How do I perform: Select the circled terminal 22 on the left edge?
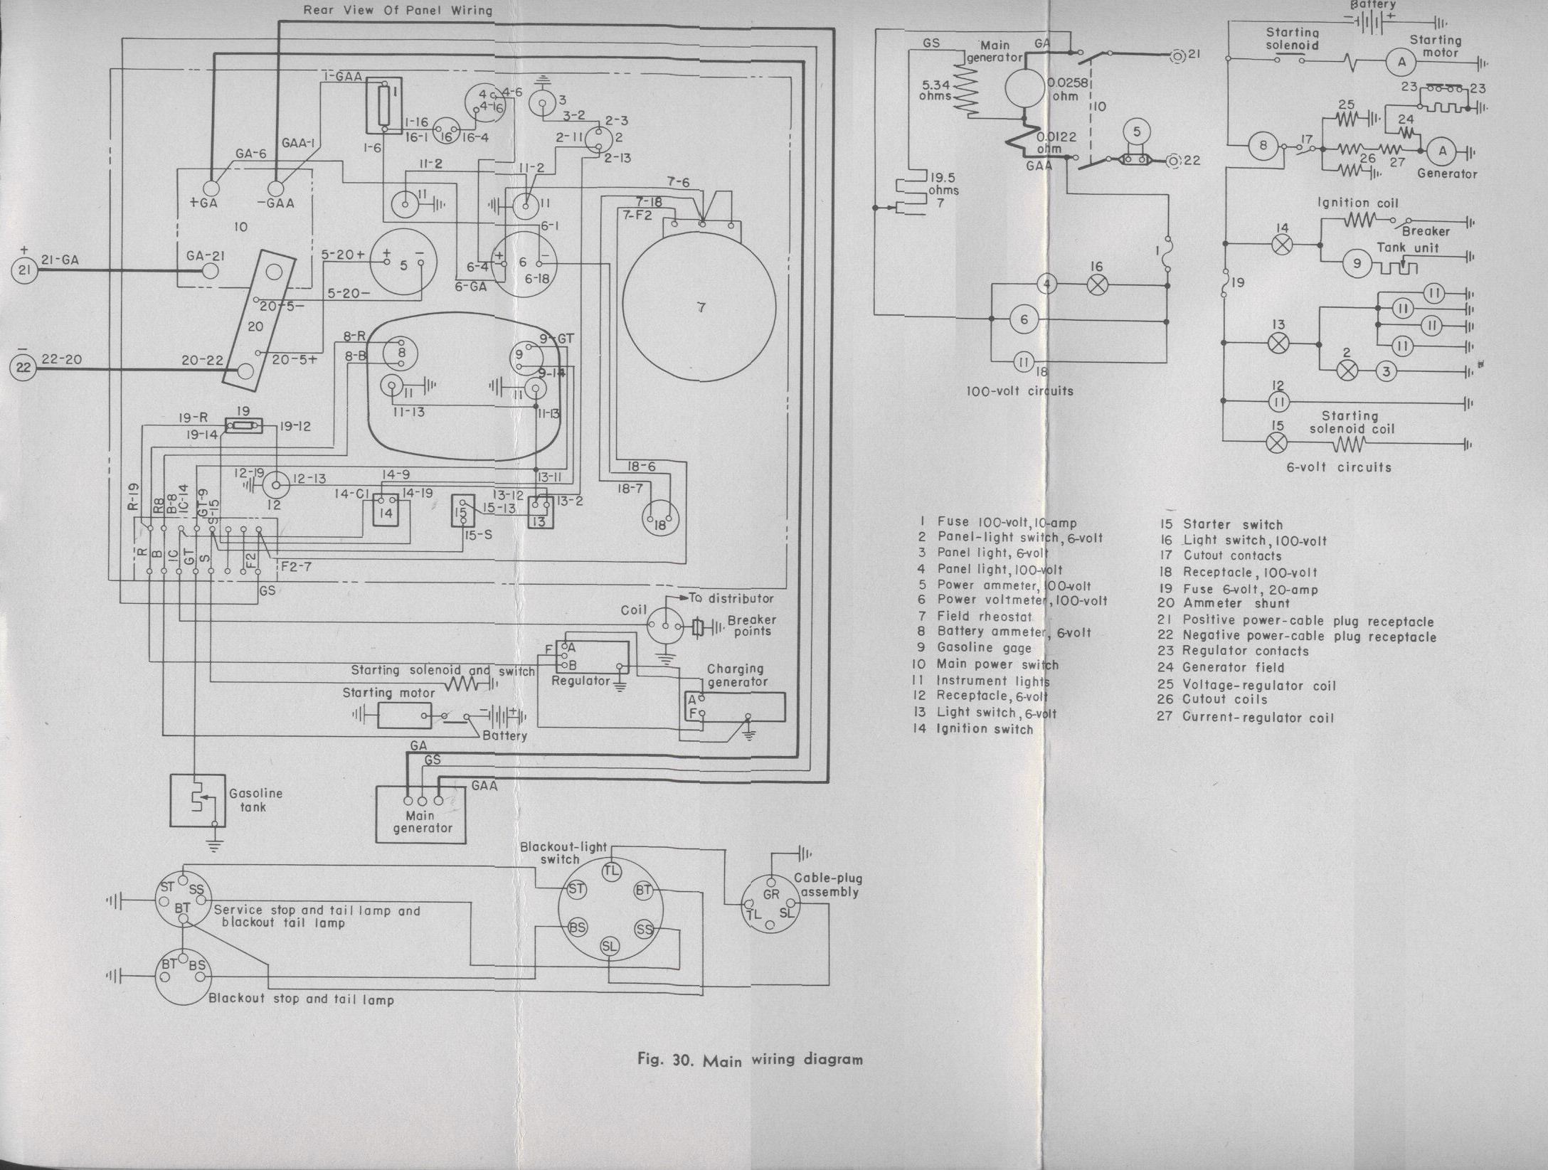click(25, 368)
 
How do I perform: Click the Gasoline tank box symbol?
click(198, 800)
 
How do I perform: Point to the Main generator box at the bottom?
click(421, 814)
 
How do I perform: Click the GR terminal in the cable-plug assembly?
click(770, 895)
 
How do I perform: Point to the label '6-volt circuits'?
click(1339, 467)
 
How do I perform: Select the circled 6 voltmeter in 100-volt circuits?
click(1024, 320)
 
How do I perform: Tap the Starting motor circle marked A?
click(1402, 63)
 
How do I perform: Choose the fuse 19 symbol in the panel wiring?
click(243, 425)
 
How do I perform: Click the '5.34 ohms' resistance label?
click(935, 89)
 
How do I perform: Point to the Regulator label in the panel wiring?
click(580, 681)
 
